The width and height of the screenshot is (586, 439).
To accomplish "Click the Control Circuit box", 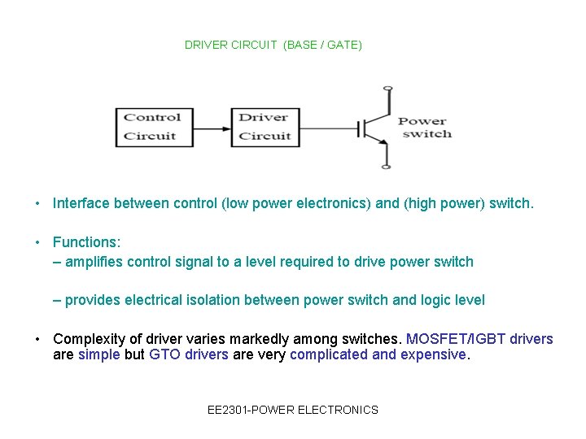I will click(x=155, y=127).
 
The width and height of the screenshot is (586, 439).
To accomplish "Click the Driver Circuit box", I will click(x=265, y=127).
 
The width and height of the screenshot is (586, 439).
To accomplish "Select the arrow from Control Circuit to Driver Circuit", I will click(x=212, y=128).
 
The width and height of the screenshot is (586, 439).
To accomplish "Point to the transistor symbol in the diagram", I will click(x=374, y=128).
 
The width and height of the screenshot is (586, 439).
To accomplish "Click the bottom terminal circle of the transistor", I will click(x=387, y=167).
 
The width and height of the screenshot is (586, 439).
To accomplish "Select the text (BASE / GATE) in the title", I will click(x=323, y=45).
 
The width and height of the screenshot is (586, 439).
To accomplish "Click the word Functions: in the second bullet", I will click(x=86, y=242).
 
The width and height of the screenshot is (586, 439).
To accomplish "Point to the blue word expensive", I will click(x=434, y=354).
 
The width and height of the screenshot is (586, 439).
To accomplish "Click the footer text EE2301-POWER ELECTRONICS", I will click(x=293, y=410).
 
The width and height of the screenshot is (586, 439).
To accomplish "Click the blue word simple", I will click(x=98, y=354).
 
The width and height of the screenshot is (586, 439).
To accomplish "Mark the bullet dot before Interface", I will click(x=38, y=203).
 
